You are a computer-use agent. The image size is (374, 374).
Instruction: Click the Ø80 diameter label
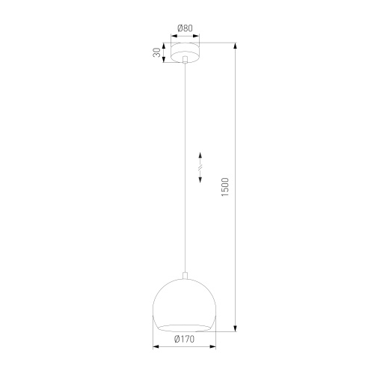tap(185, 29)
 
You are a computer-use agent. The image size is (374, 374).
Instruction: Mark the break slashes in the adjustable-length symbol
tap(200, 169)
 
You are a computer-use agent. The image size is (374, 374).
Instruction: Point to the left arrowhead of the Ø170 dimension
tap(156, 347)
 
